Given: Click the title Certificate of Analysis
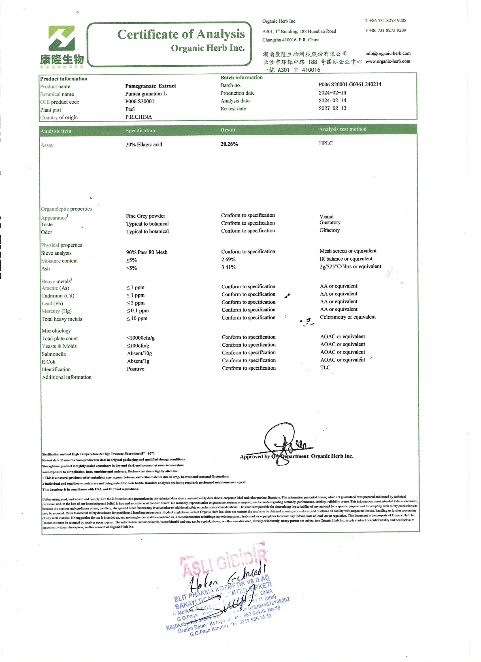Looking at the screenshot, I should pos(181,35).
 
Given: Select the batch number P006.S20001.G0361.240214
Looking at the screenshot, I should pos(350,84).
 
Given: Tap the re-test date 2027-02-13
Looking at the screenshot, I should pos(333,108).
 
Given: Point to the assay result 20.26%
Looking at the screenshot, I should pos(229,144).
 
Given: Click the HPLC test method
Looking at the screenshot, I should pos(326,143).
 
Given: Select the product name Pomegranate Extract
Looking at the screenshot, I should pos(151,86).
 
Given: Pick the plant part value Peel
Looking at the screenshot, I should pos(130,109).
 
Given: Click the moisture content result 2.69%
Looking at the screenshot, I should pos(228,259).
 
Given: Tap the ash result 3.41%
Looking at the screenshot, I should pos(228,267).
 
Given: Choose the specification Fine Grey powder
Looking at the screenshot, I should pos(146,216).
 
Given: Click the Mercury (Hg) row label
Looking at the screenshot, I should pos(56,311).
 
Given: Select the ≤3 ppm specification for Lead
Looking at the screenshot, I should pos(135,303).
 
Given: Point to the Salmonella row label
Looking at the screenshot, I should pos(54,354).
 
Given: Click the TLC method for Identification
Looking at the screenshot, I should pos(325,367).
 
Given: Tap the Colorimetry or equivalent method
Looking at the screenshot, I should pos(348,317).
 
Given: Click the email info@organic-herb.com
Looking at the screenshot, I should pos(388,54).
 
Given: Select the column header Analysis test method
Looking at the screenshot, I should pos(343,129).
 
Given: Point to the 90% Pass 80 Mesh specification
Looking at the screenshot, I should pos(147,252).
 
